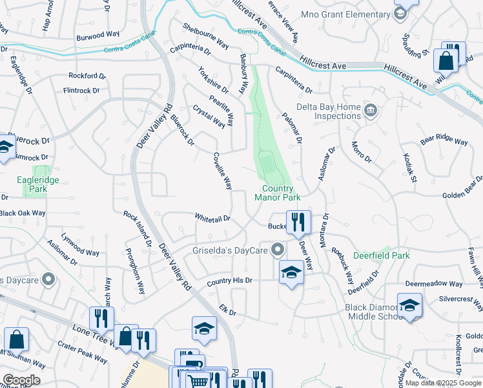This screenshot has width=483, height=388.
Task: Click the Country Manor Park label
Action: (278, 193)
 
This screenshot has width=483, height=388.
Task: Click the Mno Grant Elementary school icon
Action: (400, 12)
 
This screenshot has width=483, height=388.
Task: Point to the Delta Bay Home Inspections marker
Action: (370, 109)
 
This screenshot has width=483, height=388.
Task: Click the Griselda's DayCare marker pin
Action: (278, 249)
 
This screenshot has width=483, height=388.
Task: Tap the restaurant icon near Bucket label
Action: (298, 222)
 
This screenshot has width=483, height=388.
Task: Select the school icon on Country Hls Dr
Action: (291, 272)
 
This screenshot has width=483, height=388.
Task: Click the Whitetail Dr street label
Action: (213, 219)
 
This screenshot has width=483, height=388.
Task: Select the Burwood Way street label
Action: (99, 38)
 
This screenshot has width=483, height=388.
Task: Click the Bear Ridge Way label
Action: (444, 141)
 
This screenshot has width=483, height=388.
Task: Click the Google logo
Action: (21, 380)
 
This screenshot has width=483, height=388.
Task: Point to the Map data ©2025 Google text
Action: (443, 383)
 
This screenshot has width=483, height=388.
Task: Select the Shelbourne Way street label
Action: (206, 36)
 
